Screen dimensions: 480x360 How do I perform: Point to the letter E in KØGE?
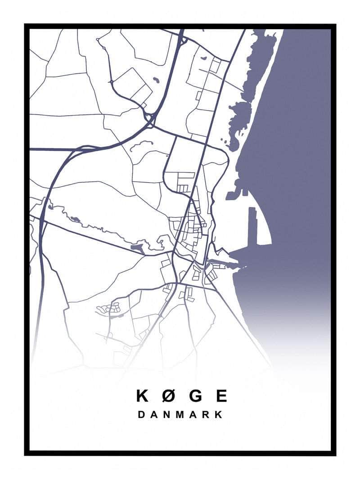click(x=221, y=396)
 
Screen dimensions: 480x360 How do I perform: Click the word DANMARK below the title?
click(x=180, y=414)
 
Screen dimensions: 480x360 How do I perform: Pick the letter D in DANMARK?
click(x=141, y=414)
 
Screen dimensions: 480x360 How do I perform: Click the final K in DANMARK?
click(x=219, y=414)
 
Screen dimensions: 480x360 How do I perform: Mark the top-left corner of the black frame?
click(x=27, y=26)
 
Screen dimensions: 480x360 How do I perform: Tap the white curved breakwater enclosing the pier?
click(x=265, y=225)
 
